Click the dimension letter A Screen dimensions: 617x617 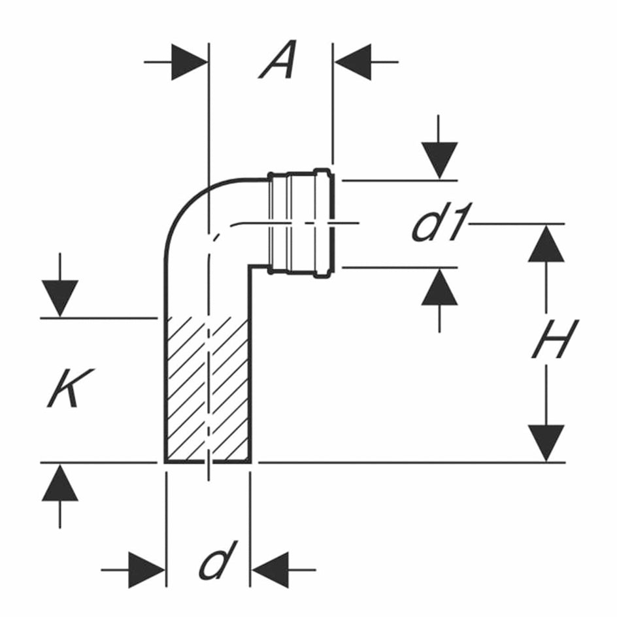[277, 59]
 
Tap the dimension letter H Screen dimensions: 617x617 [555, 339]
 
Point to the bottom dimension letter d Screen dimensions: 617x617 [218, 559]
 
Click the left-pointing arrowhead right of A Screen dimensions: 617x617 [353, 62]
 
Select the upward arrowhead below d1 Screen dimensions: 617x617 [439, 286]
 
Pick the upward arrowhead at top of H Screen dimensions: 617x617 [546, 243]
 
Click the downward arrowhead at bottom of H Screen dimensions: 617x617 [546, 443]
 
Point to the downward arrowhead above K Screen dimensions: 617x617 [60, 299]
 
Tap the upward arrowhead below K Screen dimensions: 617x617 [60, 482]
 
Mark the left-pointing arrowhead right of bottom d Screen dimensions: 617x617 [271, 570]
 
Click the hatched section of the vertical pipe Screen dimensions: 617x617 [208, 389]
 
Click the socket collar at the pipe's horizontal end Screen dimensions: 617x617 [301, 224]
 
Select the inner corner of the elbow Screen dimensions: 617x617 [248, 267]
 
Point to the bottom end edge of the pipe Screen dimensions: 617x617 [208, 461]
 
